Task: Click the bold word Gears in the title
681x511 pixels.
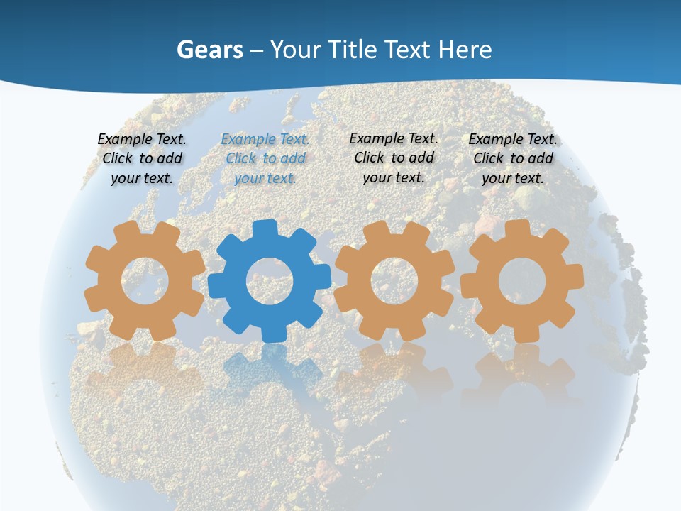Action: pyautogui.click(x=210, y=50)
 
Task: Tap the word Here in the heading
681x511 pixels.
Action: pyautogui.click(x=465, y=50)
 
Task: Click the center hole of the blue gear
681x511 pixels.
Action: pyautogui.click(x=270, y=282)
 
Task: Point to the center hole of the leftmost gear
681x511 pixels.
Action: pyautogui.click(x=145, y=280)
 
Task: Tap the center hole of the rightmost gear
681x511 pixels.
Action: pyautogui.click(x=522, y=280)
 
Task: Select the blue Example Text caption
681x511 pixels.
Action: pyautogui.click(x=265, y=159)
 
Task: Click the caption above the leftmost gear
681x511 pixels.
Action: pyautogui.click(x=142, y=159)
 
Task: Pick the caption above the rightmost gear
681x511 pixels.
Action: pyautogui.click(x=513, y=159)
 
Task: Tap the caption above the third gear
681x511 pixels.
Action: pyautogui.click(x=394, y=158)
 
